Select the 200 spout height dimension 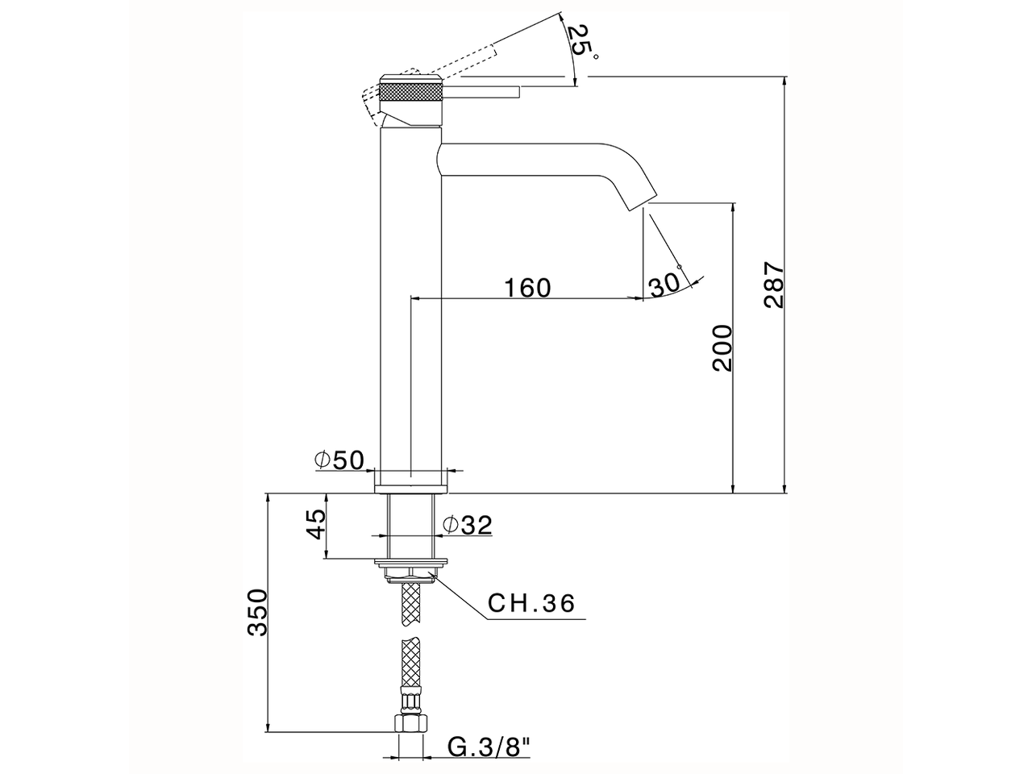(722, 347)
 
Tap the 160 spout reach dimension (528, 288)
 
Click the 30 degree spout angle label (663, 284)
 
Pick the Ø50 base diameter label (339, 460)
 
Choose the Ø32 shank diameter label (467, 525)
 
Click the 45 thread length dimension (316, 524)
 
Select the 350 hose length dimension (257, 613)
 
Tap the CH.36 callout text (531, 603)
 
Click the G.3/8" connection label (489, 747)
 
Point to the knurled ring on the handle (410, 91)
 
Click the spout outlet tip (643, 202)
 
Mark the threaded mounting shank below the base (411, 525)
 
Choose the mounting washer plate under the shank (411, 561)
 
